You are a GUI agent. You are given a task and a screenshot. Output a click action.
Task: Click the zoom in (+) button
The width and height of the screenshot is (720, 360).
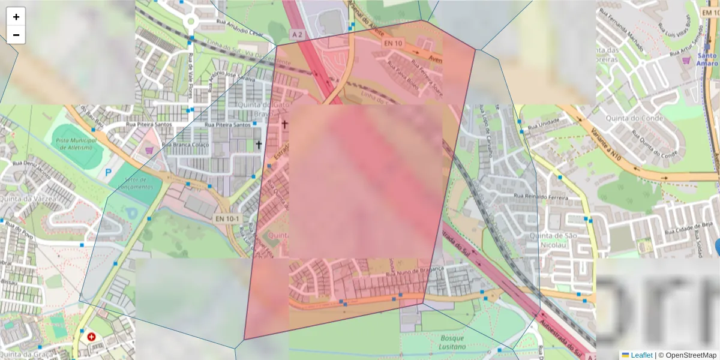(16, 17)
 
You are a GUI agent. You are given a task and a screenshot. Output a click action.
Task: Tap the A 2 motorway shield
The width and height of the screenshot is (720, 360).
(297, 34)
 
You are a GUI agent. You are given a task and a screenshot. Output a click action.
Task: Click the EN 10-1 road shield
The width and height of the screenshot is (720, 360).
(227, 219)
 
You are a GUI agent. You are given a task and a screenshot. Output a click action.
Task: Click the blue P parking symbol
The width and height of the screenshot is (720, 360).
(109, 172)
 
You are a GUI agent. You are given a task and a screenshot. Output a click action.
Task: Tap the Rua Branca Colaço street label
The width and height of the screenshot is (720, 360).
(186, 145)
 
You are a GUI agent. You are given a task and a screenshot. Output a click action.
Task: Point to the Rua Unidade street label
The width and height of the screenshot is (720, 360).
(542, 122)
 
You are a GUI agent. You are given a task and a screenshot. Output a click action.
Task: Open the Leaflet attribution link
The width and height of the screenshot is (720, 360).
(641, 355)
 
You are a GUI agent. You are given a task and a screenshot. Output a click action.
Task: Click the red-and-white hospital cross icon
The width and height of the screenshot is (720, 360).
(91, 337)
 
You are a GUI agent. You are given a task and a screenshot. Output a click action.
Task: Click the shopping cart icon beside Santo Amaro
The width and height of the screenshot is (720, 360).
(686, 60)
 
